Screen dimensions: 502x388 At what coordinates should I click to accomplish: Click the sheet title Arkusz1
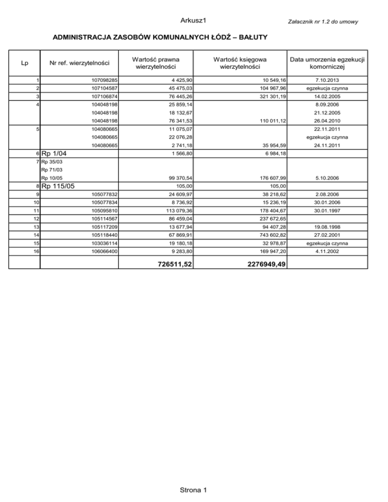(194, 20)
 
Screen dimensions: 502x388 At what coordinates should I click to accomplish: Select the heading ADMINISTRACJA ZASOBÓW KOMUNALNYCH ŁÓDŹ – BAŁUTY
(160, 38)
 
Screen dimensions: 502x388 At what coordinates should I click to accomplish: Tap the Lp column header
(25, 63)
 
